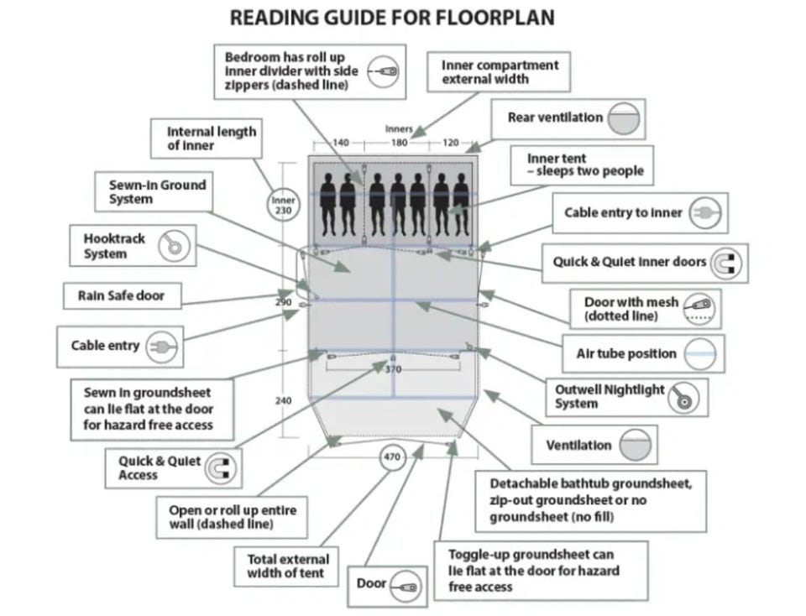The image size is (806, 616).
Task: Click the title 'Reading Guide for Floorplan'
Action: tap(392, 18)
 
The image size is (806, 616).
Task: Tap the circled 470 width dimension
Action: tap(392, 457)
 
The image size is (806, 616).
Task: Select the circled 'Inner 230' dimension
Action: tap(283, 205)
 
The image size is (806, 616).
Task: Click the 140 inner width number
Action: tap(340, 143)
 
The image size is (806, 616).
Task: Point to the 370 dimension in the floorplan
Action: tap(393, 369)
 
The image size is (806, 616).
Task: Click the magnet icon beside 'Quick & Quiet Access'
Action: tap(221, 468)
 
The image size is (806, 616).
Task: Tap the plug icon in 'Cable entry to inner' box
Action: tap(705, 212)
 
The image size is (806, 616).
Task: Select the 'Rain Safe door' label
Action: tap(122, 296)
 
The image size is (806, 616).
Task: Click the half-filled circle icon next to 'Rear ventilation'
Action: tap(624, 118)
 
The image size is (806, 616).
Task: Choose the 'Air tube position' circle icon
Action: tap(700, 354)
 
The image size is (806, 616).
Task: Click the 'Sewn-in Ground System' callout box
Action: tap(153, 191)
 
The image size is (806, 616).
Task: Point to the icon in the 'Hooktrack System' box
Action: tap(175, 246)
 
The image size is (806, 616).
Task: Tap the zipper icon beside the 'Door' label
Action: tap(406, 586)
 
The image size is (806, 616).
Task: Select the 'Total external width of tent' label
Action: tap(285, 566)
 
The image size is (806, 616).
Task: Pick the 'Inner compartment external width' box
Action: tap(499, 72)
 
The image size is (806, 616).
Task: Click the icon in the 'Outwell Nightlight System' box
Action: tap(683, 398)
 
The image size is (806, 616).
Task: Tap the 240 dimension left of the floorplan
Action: tap(283, 400)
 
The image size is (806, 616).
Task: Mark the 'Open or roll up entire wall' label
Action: tap(233, 517)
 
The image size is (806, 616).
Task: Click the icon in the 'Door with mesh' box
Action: tap(699, 308)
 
